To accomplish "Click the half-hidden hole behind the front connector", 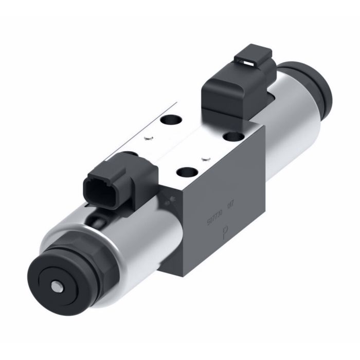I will (133, 154).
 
